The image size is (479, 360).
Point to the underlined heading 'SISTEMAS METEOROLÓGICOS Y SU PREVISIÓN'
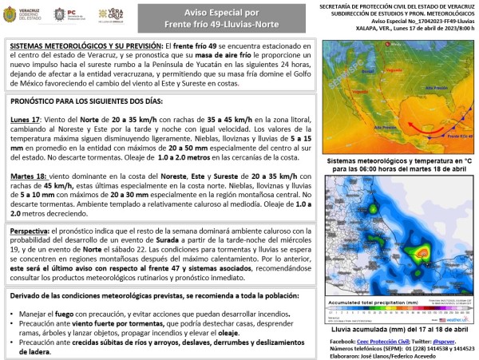click(x=85, y=48)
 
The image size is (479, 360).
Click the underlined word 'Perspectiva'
click(x=34, y=231)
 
